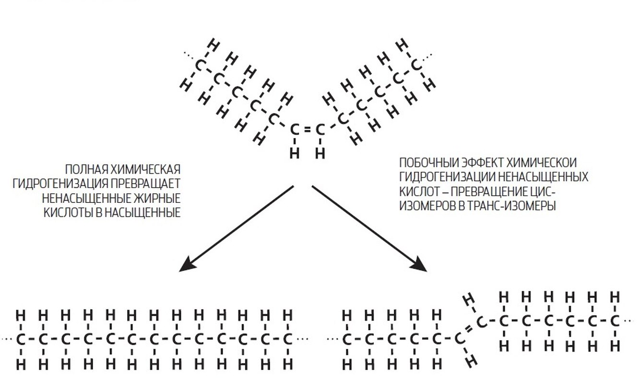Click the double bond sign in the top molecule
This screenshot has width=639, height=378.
(307, 130)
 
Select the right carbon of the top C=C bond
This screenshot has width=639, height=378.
(320, 130)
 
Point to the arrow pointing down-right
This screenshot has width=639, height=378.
(369, 228)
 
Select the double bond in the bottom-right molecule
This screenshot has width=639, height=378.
(470, 330)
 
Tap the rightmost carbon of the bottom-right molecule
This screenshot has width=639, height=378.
(615, 320)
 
